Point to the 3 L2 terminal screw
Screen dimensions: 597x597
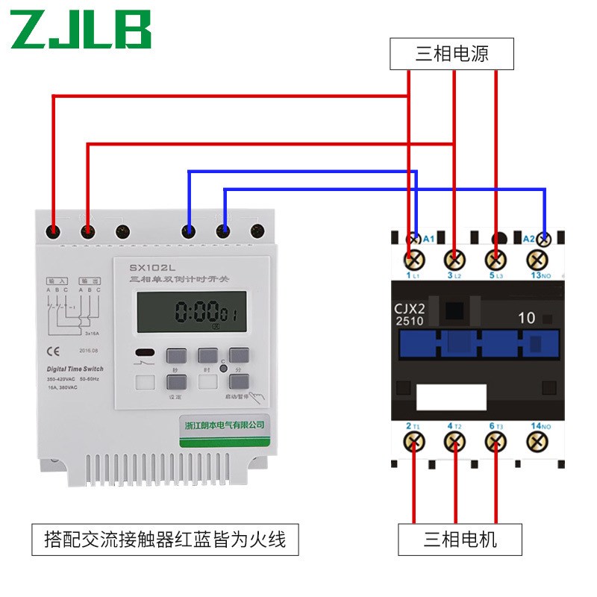(x=453, y=260)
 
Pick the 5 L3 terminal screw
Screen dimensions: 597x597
(x=494, y=260)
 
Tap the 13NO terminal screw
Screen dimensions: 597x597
(x=535, y=260)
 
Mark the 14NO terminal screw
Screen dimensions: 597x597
(x=535, y=442)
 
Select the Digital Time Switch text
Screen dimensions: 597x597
(x=75, y=369)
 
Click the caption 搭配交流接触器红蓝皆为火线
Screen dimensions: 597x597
(x=165, y=538)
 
